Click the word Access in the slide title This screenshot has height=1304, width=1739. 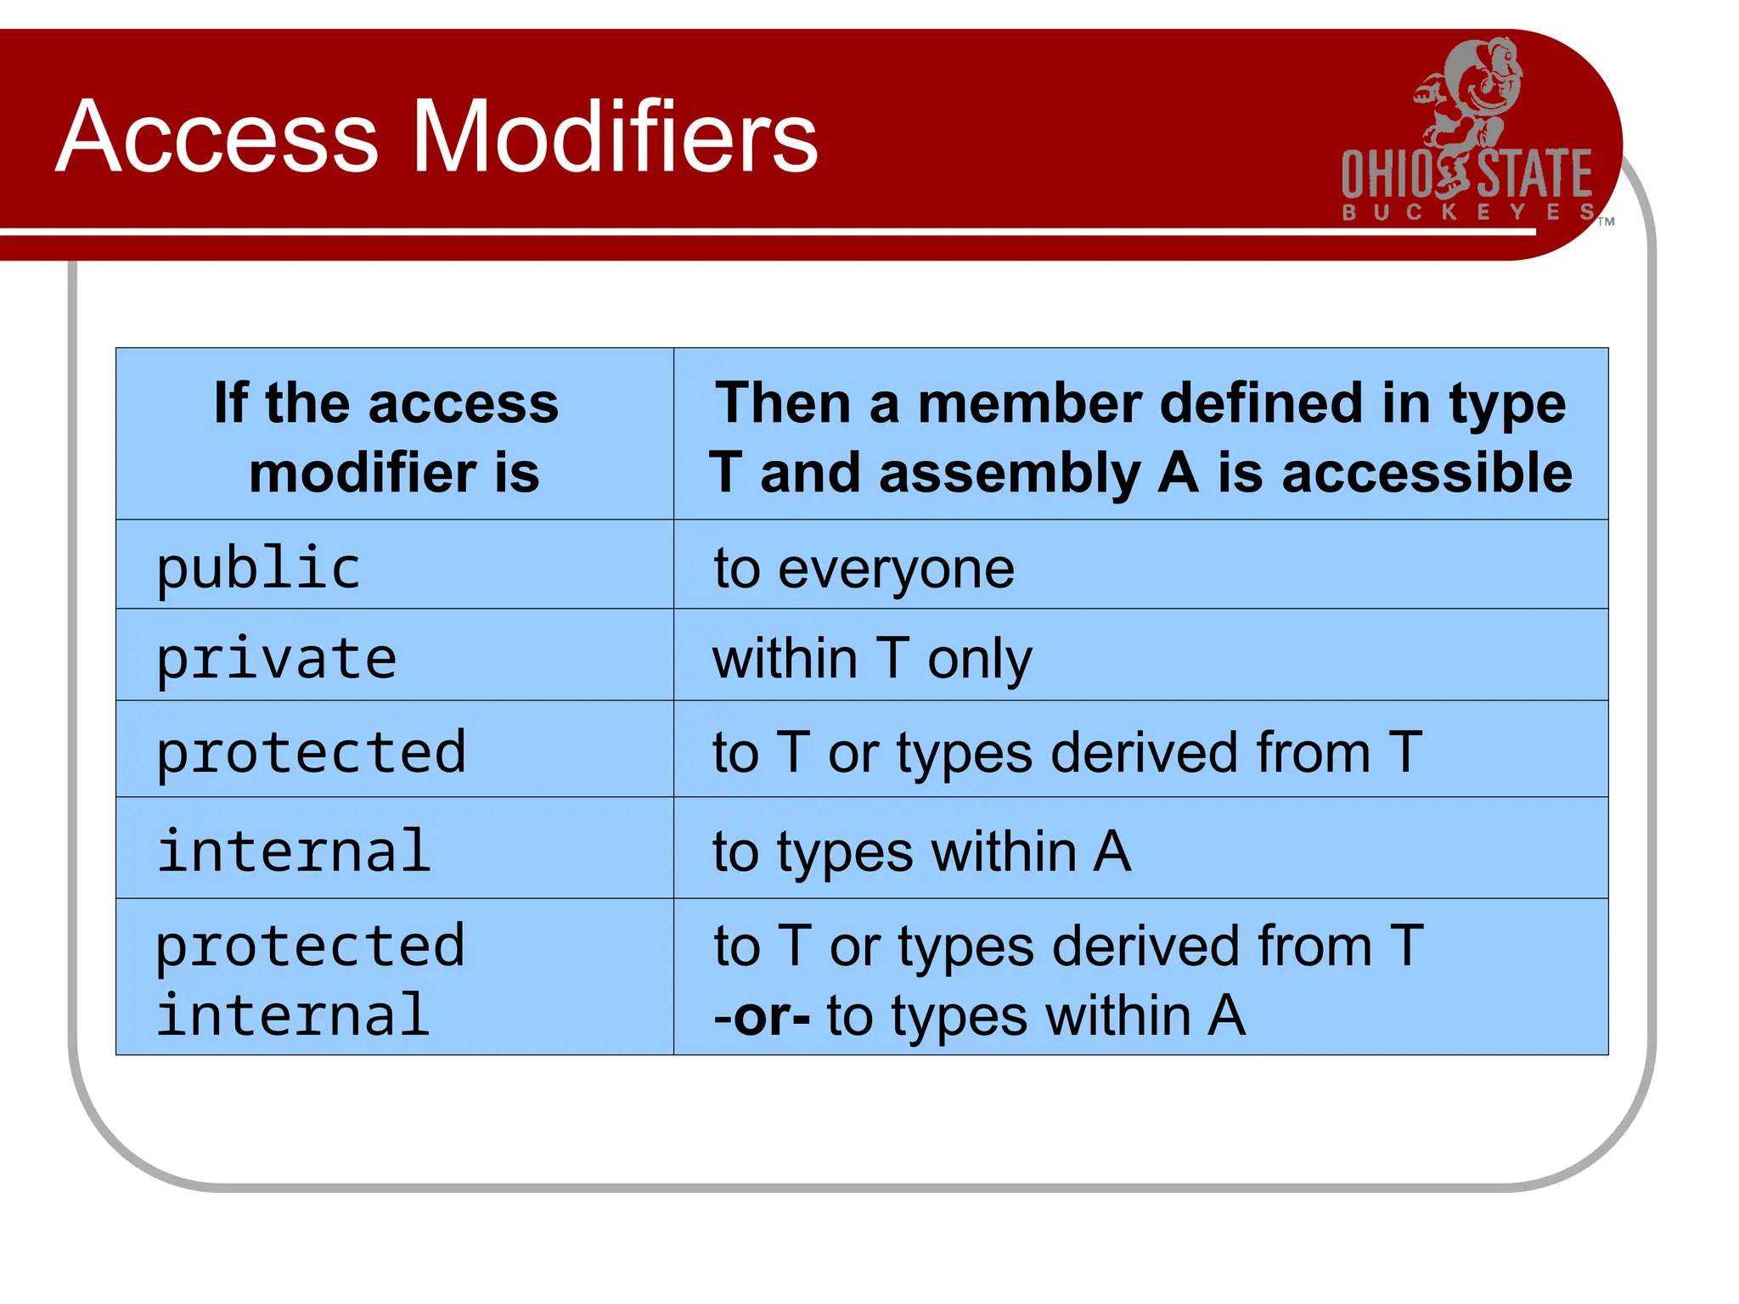coord(217,138)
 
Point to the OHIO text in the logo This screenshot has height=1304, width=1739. coord(1390,175)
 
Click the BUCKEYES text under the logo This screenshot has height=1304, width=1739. coord(1467,212)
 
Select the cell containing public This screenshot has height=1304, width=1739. coord(394,565)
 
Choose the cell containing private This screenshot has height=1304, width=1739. coord(394,656)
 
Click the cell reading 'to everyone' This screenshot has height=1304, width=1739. coord(1140,565)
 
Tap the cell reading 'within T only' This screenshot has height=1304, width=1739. coord(1140,656)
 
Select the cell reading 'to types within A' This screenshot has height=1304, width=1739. coord(1140,849)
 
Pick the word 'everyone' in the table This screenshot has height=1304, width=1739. coord(896,569)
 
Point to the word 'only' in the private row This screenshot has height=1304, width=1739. coord(979,660)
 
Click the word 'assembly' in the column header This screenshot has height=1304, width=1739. coord(1010,474)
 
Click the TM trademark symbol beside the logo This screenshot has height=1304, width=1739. coord(1606,222)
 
